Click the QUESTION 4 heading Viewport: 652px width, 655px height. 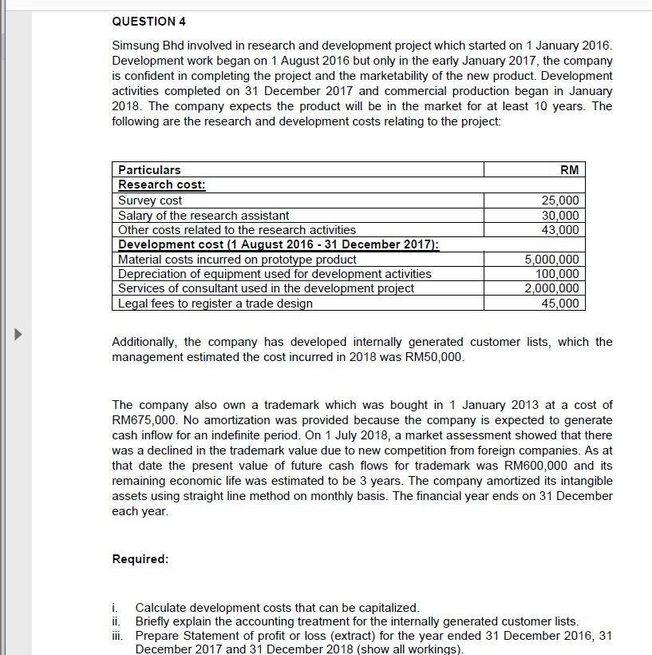148,21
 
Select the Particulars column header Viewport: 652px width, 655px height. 149,169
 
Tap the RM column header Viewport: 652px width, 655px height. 569,169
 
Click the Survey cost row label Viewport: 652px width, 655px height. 150,200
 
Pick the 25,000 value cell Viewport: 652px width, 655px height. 560,200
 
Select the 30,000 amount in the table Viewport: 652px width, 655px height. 560,216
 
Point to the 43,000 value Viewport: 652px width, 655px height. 560,230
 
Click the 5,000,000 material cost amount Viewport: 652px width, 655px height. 551,260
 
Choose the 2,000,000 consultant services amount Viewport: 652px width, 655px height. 551,288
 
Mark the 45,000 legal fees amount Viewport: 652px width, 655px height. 560,304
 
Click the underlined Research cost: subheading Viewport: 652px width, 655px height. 162,185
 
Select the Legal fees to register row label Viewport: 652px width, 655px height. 215,304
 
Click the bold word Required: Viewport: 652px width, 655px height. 140,559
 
